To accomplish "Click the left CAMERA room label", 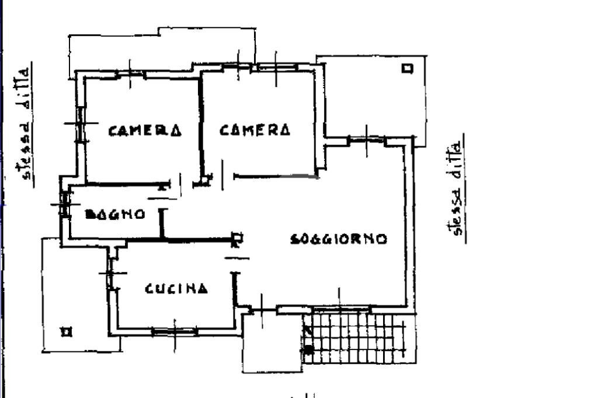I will pyautogui.click(x=144, y=130).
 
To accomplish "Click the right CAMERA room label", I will pyautogui.click(x=255, y=130).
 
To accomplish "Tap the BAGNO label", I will pyautogui.click(x=115, y=214).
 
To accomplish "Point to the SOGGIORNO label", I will pyautogui.click(x=339, y=239).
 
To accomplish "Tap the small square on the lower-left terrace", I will pyautogui.click(x=67, y=331).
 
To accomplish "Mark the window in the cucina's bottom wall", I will pyautogui.click(x=175, y=332).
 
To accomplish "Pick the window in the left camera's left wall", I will pyautogui.click(x=81, y=124).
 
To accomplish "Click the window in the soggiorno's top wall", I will pyautogui.click(x=367, y=140).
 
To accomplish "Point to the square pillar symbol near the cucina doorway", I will pyautogui.click(x=237, y=237).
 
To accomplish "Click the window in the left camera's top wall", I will pyautogui.click(x=130, y=75).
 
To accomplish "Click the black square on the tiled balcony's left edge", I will pyautogui.click(x=309, y=350).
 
